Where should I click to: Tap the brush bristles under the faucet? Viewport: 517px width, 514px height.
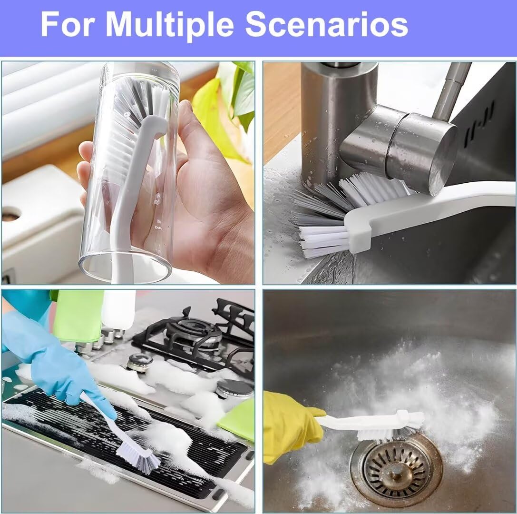pos(333,214)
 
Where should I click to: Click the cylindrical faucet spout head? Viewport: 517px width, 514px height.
pos(419,152)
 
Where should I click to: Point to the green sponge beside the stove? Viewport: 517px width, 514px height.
pos(238,419)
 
